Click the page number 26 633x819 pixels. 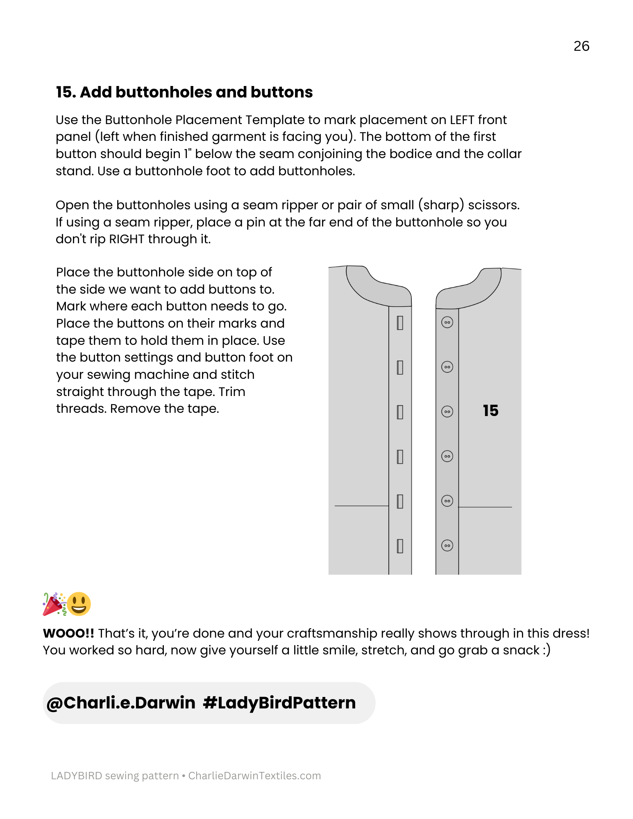[581, 46]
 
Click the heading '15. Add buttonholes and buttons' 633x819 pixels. [184, 92]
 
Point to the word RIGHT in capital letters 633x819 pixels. [127, 239]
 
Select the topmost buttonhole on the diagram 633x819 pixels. [400, 323]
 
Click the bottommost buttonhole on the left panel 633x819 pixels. [400, 546]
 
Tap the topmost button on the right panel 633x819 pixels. [447, 323]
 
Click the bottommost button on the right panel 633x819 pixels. [447, 545]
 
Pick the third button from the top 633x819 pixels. [447, 412]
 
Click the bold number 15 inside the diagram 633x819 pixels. [490, 411]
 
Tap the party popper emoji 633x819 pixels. [54, 604]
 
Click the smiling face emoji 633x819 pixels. [79, 604]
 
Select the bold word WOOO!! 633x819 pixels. [68, 633]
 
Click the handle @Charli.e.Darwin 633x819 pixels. [121, 703]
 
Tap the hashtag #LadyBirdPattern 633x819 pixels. [279, 703]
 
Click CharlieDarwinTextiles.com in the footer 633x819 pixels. [254, 776]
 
